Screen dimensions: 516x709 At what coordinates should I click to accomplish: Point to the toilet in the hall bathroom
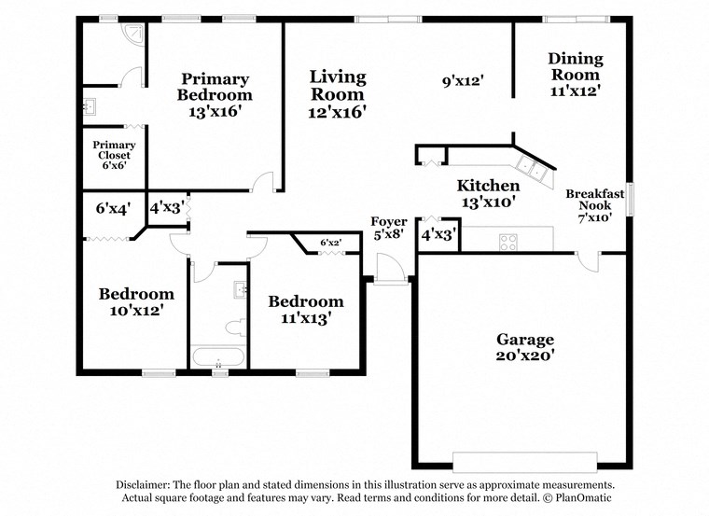pos(234,328)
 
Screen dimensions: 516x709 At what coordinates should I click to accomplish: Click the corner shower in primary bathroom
pos(135,35)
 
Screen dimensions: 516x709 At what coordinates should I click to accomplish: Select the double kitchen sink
pos(533,167)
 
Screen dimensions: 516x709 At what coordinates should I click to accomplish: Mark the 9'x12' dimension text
pos(462,81)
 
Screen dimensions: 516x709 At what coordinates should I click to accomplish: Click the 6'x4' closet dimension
pos(113,208)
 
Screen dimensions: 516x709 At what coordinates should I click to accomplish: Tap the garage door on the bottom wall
pos(523,461)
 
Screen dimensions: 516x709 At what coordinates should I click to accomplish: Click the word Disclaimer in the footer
pos(146,485)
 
